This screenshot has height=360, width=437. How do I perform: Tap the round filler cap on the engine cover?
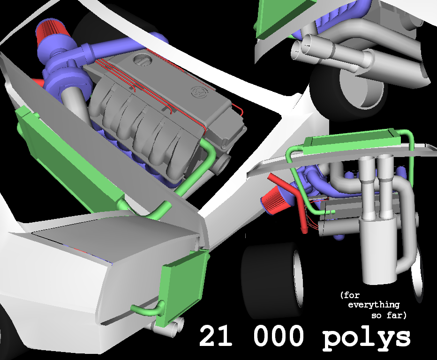(x=143, y=60)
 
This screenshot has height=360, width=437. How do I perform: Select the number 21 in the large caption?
(x=215, y=336)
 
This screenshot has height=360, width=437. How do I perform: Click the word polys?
(x=366, y=338)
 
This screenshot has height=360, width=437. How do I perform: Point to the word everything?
(x=374, y=305)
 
